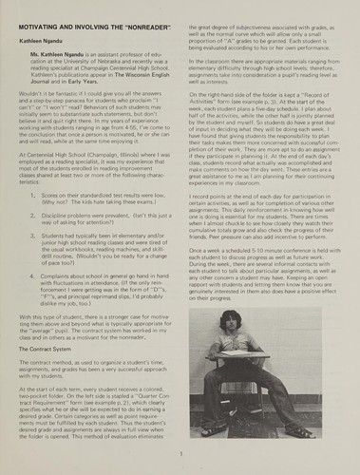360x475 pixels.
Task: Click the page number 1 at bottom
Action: pyautogui.click(x=180, y=456)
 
